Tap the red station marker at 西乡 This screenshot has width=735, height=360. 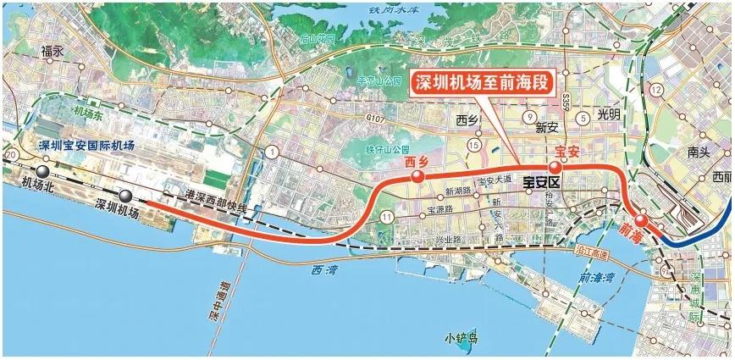pos(417,176)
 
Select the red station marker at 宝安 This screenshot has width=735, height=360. pos(555,167)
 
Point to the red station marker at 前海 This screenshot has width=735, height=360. pos(642,221)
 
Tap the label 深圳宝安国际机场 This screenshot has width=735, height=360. pos(87,146)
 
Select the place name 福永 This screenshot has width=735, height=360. pos(52,51)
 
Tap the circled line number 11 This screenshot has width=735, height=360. pos(388,218)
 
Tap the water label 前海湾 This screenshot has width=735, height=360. pos(598,278)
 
